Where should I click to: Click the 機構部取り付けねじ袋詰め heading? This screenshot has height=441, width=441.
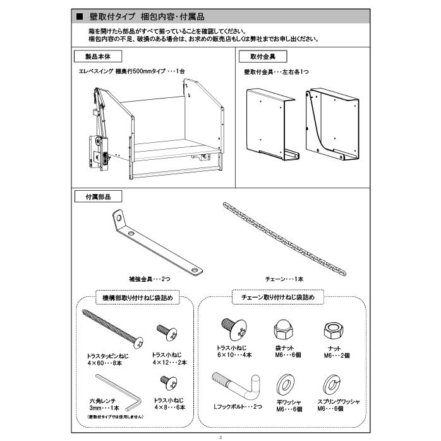point(128,296)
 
